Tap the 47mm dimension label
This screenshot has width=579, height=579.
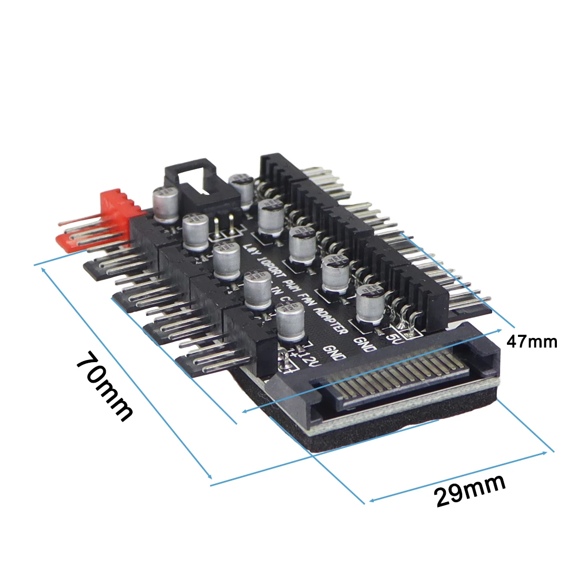pos(531,342)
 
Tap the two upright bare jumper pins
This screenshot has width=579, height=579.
pos(224,226)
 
